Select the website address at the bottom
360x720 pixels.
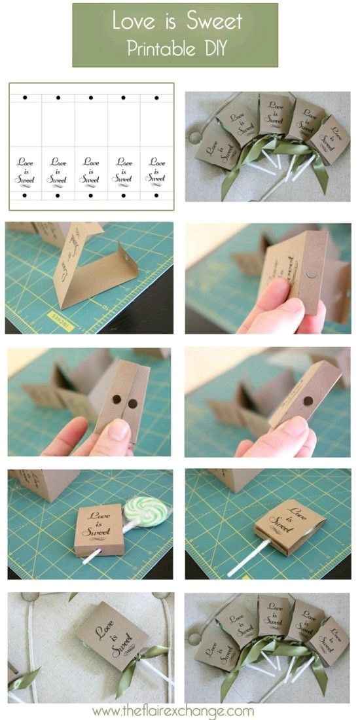[x=173, y=710]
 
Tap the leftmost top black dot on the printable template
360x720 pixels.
[x=26, y=98]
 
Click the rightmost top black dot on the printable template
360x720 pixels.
[x=156, y=98]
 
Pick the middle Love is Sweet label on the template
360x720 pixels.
[x=91, y=169]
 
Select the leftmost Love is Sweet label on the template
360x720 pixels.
[x=25, y=169]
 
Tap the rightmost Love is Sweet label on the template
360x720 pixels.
[x=156, y=169]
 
